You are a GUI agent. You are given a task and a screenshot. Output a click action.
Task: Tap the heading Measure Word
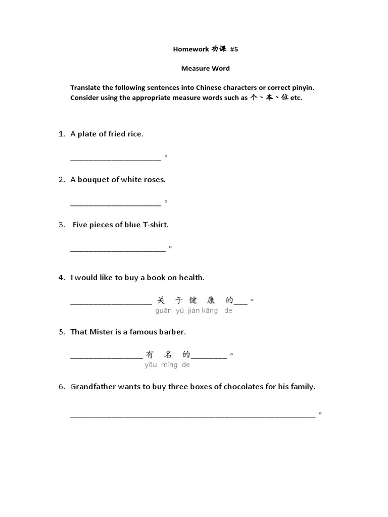tap(206, 68)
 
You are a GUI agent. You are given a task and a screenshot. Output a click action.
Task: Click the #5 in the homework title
tap(233, 49)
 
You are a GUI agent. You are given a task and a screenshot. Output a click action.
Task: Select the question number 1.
tap(62, 134)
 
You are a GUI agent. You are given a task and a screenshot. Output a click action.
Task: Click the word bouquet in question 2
tap(93, 179)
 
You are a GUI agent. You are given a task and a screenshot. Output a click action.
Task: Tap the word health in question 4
tap(191, 277)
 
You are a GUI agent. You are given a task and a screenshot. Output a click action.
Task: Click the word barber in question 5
tap(173, 332)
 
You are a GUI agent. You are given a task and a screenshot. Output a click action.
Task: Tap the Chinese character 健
tap(193, 300)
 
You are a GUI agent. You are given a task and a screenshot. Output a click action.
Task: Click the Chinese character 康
tap(211, 300)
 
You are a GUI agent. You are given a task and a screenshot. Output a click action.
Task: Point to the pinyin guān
tap(164, 311)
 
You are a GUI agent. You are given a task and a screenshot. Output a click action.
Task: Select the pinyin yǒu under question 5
tap(151, 365)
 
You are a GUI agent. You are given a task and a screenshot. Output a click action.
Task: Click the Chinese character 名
tap(168, 354)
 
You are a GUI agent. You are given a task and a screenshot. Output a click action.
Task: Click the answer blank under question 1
tap(115, 158)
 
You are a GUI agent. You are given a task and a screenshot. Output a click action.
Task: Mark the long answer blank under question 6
tap(192, 416)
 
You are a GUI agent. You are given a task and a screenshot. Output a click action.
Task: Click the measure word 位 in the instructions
tap(285, 97)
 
